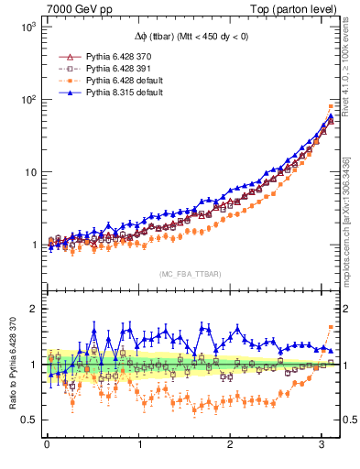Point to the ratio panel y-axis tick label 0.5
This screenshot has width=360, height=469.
point(27,420)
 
